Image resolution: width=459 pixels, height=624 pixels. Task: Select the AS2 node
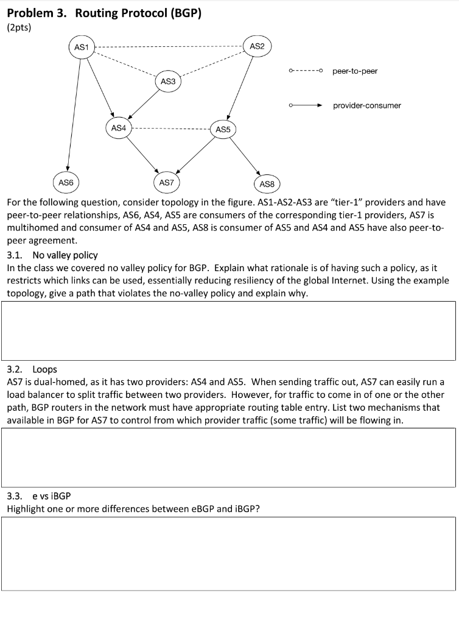click(x=257, y=46)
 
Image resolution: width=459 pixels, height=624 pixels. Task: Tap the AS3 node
click(x=168, y=81)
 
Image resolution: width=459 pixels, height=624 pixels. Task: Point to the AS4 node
click(x=118, y=128)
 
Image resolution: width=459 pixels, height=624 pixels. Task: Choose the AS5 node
click(x=223, y=129)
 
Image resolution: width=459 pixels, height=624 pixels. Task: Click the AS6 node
click(x=66, y=182)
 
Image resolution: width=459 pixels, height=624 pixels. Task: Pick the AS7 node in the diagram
click(x=166, y=182)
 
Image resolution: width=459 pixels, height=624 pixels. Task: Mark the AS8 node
click(x=267, y=183)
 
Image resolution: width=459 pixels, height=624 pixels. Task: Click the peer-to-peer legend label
click(x=355, y=71)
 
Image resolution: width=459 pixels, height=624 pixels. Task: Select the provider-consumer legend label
click(x=366, y=105)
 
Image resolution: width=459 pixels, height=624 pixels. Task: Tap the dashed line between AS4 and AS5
click(x=170, y=129)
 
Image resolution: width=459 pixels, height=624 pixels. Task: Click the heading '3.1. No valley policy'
click(x=52, y=255)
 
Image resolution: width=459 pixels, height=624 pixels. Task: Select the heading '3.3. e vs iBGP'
click(x=41, y=496)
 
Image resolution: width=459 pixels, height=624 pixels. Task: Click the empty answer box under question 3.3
click(x=229, y=553)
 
